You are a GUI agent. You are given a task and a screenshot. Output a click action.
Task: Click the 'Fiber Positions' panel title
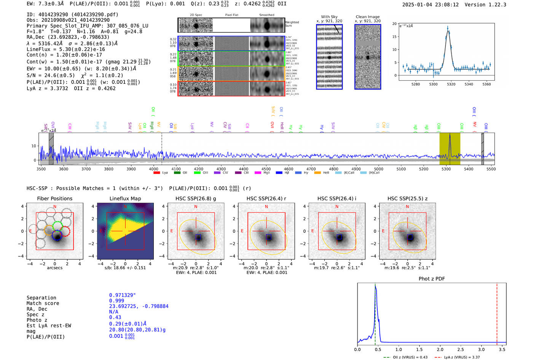[54, 198]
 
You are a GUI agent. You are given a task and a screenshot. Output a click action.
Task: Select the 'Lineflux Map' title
[125, 198]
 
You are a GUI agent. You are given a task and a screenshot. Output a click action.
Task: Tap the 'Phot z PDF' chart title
[432, 278]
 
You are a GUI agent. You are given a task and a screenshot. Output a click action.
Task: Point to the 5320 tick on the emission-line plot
[451, 84]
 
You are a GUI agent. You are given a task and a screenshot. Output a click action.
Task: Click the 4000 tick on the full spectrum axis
[154, 169]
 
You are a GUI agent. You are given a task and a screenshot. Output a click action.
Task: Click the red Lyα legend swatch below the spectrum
[156, 173]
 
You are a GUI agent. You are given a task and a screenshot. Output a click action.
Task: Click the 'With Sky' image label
[329, 17]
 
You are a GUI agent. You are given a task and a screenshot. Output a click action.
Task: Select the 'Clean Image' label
[367, 17]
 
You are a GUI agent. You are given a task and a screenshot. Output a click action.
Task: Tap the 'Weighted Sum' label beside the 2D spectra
[292, 24]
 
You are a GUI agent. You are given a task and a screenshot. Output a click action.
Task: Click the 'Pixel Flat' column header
[231, 15]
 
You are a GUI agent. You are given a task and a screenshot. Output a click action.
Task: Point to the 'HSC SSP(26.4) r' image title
[266, 198]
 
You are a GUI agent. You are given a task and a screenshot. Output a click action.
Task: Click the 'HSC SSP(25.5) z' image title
[407, 198]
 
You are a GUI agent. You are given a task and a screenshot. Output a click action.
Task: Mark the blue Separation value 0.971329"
[122, 295]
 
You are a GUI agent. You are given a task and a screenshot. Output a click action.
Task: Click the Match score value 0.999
[116, 301]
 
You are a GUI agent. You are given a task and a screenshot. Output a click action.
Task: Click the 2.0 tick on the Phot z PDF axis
[440, 349]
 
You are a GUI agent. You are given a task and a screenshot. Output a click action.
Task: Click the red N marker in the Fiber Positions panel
[55, 207]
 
